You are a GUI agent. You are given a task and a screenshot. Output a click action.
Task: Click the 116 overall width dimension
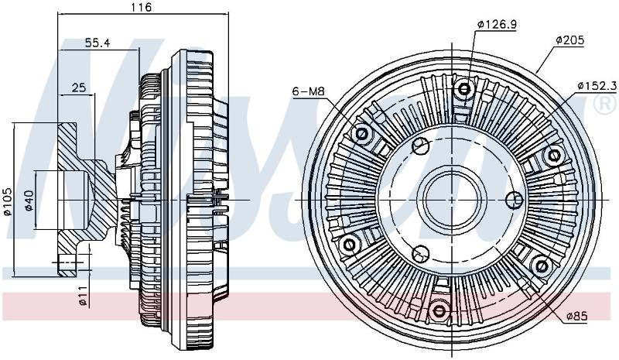(142, 7)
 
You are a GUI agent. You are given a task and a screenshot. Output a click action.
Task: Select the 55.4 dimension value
(97, 43)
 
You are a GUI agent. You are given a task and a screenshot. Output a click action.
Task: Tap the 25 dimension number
(79, 87)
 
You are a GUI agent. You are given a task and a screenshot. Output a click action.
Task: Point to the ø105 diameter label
(8, 202)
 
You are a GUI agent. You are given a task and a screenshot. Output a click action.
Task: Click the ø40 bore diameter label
(29, 201)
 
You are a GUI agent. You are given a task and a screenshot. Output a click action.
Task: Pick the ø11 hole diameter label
(83, 296)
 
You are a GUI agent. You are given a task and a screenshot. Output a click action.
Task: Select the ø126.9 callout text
(497, 25)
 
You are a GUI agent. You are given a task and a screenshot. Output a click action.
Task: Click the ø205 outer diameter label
(569, 40)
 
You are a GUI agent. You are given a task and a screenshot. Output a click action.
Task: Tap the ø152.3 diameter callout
(597, 86)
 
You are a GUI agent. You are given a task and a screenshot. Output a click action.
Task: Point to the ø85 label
(576, 316)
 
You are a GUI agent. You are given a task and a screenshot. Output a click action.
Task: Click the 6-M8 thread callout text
(308, 91)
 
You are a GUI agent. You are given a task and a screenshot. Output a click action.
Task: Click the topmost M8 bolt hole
(463, 88)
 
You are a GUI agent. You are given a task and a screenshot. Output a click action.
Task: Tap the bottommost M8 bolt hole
(439, 311)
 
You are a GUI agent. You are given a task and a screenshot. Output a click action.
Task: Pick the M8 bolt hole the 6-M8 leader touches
(362, 133)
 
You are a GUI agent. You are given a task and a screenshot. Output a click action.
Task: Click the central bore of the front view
(455, 200)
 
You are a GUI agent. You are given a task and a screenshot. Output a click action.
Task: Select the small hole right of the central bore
(515, 199)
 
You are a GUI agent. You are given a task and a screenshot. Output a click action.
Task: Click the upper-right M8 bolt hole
(553, 156)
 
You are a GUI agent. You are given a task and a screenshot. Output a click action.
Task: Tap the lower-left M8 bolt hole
(351, 245)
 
